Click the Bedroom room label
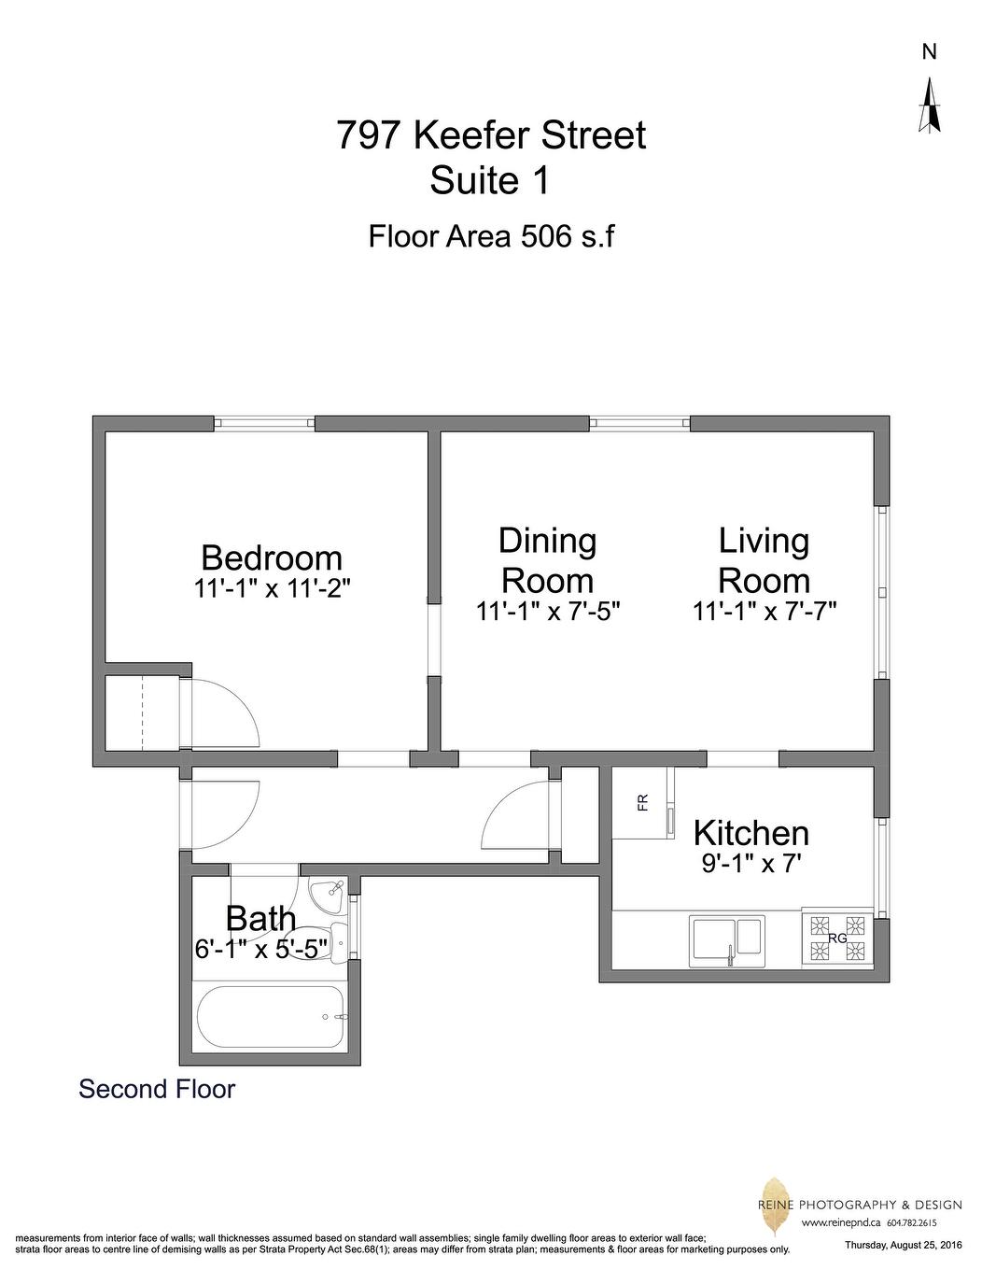[x=272, y=557]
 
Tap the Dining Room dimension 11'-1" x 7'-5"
[x=548, y=612]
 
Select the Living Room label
[x=764, y=560]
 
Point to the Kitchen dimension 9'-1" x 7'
[x=751, y=864]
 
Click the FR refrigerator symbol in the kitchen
[x=643, y=803]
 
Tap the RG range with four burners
[x=837, y=938]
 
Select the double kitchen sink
[x=727, y=940]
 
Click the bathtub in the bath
[x=272, y=1019]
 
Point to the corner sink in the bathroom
[x=328, y=896]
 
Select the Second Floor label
[x=157, y=1089]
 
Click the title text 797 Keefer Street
[x=491, y=135]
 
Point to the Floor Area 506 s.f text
[x=491, y=235]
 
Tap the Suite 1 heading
[x=489, y=181]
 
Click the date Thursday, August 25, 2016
[x=903, y=1245]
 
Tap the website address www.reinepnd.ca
[x=840, y=1222]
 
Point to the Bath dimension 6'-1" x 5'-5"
[x=261, y=949]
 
